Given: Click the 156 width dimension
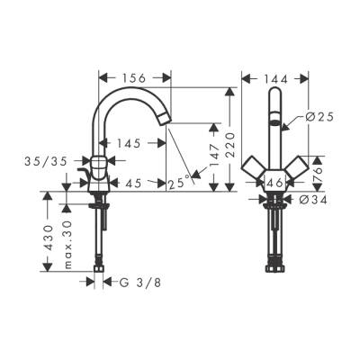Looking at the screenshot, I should pos(133,77).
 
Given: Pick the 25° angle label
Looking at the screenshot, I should pos(178,184).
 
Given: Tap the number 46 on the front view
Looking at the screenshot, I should pos(276,183).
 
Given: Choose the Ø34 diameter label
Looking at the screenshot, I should pos(311,199).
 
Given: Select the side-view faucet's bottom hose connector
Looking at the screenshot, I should pos(98,267).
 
